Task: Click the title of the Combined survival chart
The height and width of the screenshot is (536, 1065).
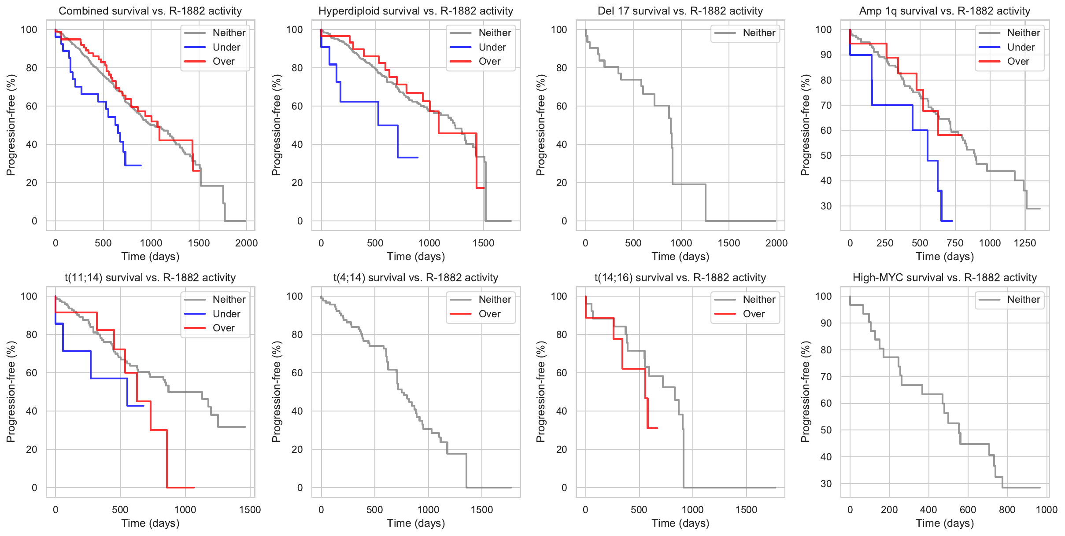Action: [x=150, y=11]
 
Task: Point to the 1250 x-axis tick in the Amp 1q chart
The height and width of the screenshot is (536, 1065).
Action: [x=1024, y=243]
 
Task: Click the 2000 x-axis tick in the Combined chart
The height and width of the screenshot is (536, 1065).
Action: [x=246, y=243]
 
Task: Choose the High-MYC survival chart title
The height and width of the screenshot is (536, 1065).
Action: [x=944, y=278]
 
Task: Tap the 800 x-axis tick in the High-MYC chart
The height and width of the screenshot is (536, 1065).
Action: [x=1007, y=510]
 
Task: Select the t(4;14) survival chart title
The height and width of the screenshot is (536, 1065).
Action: [x=415, y=278]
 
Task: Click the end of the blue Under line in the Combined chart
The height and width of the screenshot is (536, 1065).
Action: [x=141, y=165]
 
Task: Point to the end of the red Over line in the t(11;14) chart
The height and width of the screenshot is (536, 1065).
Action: [x=194, y=488]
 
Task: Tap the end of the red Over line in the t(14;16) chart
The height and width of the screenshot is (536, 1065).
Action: [x=657, y=428]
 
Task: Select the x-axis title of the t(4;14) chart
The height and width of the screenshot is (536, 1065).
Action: [x=416, y=523]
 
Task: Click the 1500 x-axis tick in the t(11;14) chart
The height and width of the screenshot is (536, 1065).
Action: [x=250, y=510]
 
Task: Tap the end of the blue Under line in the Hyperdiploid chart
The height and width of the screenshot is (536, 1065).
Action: [x=418, y=158]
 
